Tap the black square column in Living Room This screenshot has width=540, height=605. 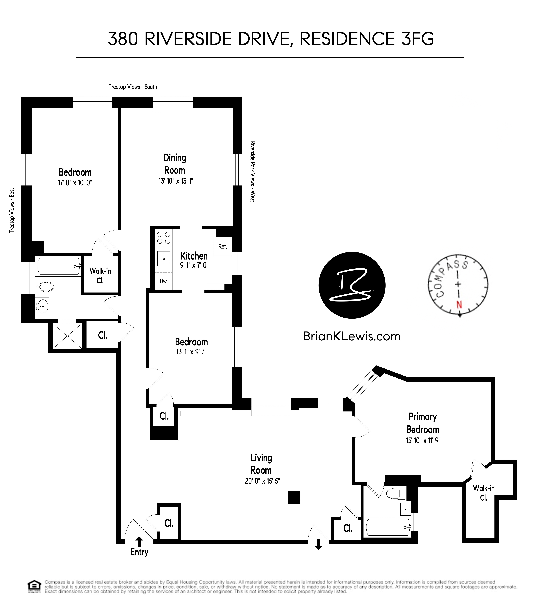tap(294, 497)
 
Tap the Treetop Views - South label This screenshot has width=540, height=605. tap(133, 87)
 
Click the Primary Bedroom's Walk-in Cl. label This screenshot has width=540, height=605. tap(484, 493)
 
